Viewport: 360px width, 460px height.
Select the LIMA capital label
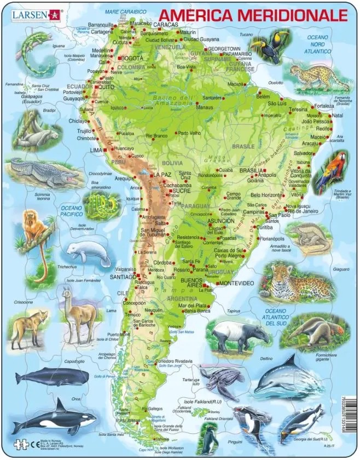(x=96, y=150)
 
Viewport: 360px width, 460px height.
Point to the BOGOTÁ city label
(x=131, y=58)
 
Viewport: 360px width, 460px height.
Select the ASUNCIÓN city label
(x=206, y=221)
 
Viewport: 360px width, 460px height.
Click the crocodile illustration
(x=42, y=172)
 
